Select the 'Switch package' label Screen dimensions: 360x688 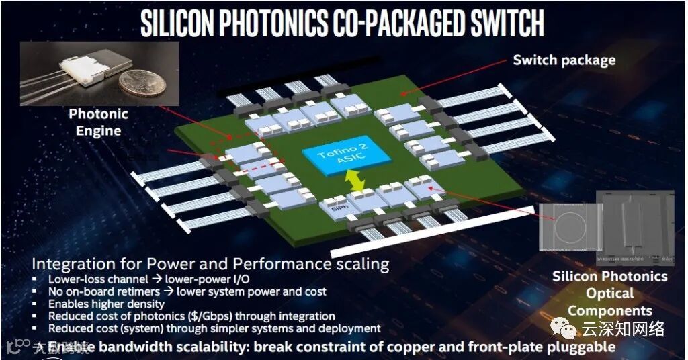pos(564,60)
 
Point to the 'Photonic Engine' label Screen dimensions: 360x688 pos(98,122)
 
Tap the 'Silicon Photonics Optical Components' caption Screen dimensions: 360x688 pos(609,294)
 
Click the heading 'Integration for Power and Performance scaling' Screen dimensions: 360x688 pos(210,263)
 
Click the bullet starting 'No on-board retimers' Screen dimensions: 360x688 pos(187,291)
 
